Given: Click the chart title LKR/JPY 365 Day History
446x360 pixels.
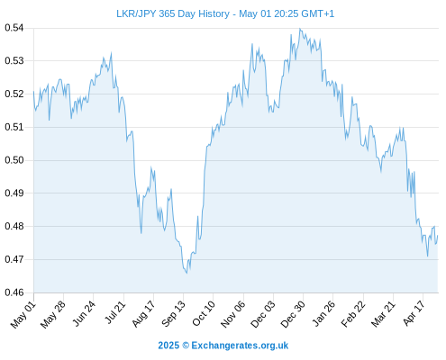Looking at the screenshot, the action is (173, 13).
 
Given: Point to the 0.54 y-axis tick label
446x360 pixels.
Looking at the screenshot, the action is (14, 28).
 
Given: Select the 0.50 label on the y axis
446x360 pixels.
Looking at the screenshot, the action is (14, 160).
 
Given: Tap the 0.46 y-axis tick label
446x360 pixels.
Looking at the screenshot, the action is (14, 292).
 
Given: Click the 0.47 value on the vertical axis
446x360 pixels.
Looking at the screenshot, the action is (14, 259).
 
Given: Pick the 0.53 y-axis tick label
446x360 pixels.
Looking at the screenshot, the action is (14, 61).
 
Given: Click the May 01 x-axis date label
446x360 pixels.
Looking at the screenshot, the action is (23, 315).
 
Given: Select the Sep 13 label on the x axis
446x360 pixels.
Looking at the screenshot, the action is (174, 314).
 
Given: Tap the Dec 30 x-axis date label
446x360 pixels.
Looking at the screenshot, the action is (293, 314).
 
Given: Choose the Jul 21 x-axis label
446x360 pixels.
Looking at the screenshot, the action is (115, 312).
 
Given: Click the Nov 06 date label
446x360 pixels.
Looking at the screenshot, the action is (232, 314).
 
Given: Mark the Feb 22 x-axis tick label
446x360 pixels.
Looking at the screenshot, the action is (353, 314).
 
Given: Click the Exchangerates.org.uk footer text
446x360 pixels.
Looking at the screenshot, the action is (240, 346).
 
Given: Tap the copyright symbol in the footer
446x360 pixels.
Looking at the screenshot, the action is (186, 346).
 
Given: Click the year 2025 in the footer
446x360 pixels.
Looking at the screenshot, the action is (168, 346).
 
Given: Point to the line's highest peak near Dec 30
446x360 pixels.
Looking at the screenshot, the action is (299, 29).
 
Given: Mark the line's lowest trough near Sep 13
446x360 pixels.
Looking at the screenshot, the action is (187, 274).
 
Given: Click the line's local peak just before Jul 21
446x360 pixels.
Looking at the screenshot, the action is (112, 52).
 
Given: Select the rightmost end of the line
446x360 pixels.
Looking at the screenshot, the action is (438, 236).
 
